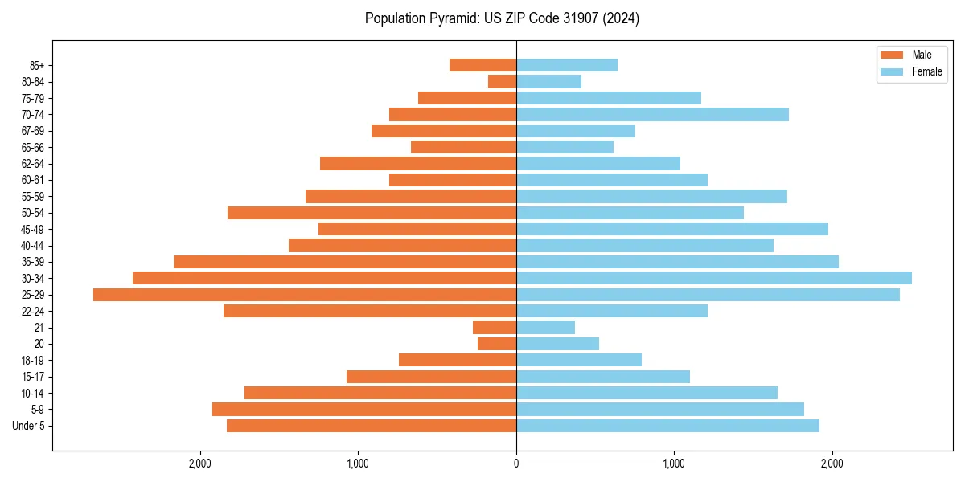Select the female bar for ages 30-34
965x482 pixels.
(713, 278)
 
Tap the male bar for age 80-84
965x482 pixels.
(502, 81)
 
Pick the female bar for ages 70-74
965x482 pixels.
(652, 114)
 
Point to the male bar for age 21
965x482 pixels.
(494, 327)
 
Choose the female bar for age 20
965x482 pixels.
(557, 344)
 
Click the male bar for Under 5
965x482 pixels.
(371, 426)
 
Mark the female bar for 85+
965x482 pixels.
(566, 65)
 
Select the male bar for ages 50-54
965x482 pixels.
(372, 213)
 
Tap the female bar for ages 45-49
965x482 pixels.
(671, 229)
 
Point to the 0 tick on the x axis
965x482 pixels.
(516, 464)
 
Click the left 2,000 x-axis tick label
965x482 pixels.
(199, 464)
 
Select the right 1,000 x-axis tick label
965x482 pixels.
(674, 464)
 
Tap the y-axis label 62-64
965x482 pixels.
(33, 164)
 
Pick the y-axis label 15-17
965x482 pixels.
(33, 377)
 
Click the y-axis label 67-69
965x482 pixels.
(33, 131)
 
